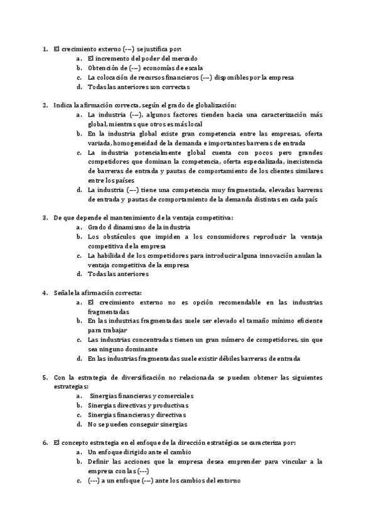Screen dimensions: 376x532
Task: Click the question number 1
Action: (x=45, y=48)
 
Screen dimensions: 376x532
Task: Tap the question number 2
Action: (x=45, y=105)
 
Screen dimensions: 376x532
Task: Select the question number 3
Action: (x=45, y=218)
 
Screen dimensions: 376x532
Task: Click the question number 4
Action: (x=45, y=293)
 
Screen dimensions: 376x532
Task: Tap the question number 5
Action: (x=45, y=378)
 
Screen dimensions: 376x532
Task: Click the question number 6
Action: (x=45, y=443)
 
